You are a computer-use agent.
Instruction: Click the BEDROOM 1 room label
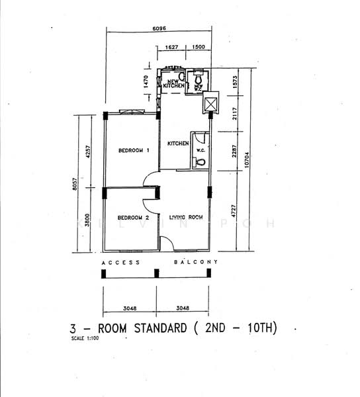[x=134, y=150]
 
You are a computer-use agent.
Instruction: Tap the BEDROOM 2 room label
[x=133, y=218]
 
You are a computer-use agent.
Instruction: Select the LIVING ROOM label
[x=186, y=218]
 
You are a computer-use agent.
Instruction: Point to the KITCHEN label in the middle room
[x=178, y=144]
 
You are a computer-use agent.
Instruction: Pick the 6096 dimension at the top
[x=159, y=28]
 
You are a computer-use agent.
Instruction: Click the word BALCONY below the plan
[x=196, y=263]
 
